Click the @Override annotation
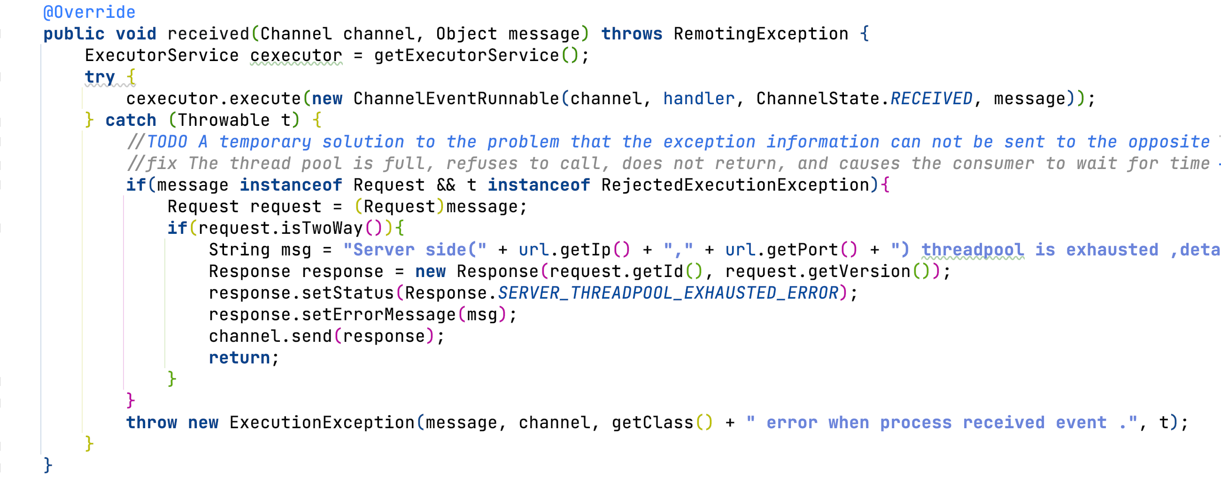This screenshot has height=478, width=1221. coord(89,12)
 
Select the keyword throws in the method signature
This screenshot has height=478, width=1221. coord(631,34)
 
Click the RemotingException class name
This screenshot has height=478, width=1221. coord(761,34)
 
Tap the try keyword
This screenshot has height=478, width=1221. coord(100,77)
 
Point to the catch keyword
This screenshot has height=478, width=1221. coord(131,120)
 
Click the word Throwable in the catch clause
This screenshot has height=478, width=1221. coord(224,120)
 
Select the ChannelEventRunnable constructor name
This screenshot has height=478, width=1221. coord(456,99)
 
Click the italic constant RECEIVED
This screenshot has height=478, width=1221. coord(931,99)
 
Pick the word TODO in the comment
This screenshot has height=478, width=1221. coord(167,142)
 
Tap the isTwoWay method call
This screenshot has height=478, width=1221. coord(322,228)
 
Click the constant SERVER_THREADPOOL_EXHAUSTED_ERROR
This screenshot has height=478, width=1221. coord(668,293)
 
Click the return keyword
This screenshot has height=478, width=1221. coord(240,358)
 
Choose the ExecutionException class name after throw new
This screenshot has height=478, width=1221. coord(322,423)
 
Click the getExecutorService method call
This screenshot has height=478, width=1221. coord(466,56)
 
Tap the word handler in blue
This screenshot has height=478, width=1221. coord(699,99)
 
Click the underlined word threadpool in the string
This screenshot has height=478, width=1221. coord(973,250)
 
